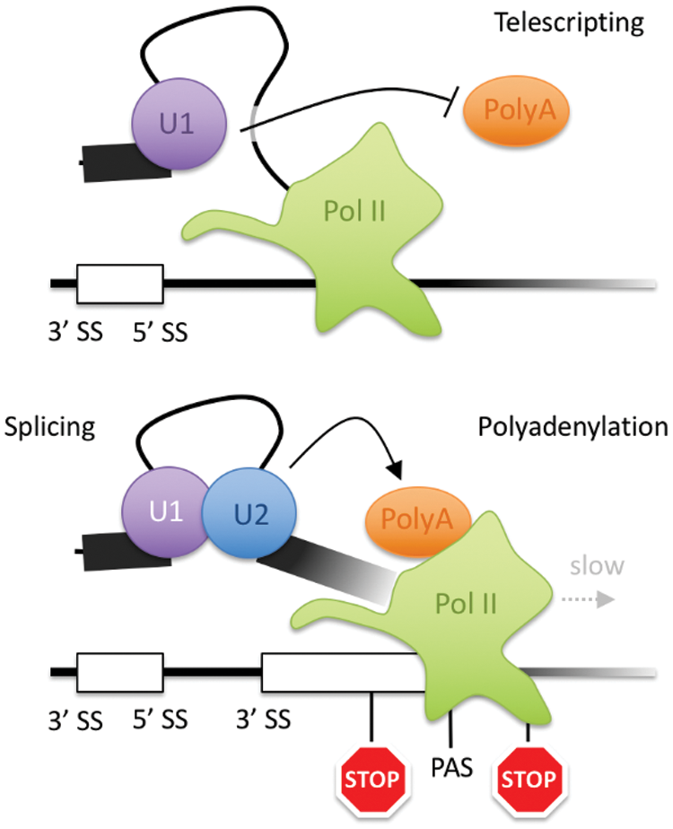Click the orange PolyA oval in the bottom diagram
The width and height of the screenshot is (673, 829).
pos(408,521)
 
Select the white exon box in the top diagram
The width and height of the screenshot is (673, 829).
pos(120,284)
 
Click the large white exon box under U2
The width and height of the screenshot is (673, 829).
pos(341,673)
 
